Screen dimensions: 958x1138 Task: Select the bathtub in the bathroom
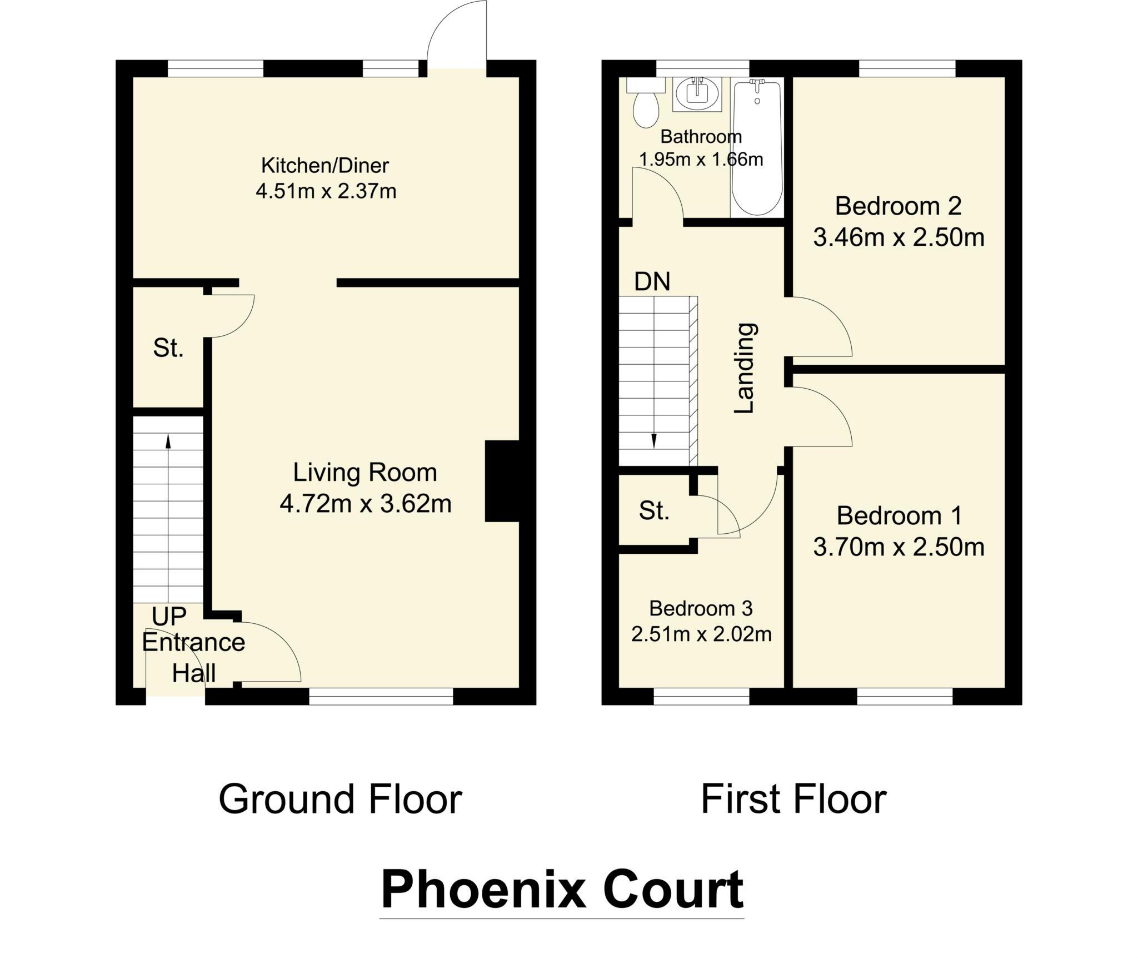click(x=757, y=147)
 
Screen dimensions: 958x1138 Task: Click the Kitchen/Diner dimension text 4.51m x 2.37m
click(x=326, y=192)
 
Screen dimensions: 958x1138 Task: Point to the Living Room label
click(x=365, y=473)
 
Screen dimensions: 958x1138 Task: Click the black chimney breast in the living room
click(x=502, y=481)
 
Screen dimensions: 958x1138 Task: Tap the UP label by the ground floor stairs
click(x=169, y=616)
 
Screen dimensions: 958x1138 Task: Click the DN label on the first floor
click(x=652, y=282)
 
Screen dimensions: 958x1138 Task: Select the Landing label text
click(x=745, y=368)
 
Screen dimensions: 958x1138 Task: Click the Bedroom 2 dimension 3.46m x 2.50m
click(x=899, y=238)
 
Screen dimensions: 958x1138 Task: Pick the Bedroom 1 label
click(x=899, y=516)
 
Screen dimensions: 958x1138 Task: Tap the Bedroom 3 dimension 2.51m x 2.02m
click(x=701, y=634)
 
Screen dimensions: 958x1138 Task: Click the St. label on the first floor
click(x=653, y=510)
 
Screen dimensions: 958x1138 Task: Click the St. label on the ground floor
click(x=168, y=348)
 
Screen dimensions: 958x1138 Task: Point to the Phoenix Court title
click(x=562, y=890)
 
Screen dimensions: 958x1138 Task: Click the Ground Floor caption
click(x=340, y=800)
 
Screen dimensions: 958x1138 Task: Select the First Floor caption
click(x=793, y=800)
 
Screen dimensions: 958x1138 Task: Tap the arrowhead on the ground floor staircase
click(x=168, y=441)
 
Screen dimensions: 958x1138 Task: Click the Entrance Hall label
click(x=193, y=658)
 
